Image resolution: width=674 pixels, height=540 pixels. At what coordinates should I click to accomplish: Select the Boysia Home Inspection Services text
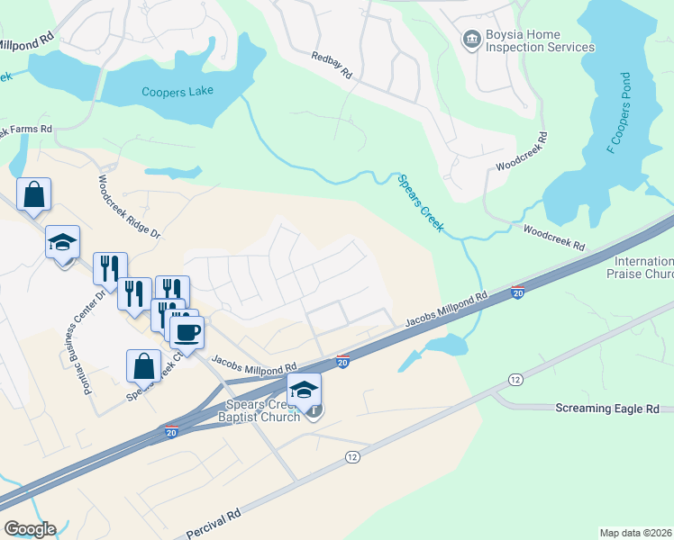point(540,40)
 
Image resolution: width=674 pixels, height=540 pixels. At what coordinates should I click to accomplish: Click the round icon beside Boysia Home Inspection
point(470,40)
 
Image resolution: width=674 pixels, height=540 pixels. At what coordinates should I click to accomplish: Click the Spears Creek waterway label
point(421,203)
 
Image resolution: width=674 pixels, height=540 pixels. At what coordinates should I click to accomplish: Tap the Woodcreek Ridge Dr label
point(128,206)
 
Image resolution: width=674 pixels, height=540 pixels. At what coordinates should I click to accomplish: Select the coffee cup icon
point(187,332)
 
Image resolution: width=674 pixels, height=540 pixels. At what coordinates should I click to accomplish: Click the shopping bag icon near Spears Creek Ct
point(143,365)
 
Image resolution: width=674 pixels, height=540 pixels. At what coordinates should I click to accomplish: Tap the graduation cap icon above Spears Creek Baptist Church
point(305,389)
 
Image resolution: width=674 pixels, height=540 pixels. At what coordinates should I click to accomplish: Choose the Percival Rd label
point(213,525)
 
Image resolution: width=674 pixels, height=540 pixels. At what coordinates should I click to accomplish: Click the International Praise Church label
point(639,266)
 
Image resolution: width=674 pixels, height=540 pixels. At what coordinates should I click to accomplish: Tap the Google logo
point(30,529)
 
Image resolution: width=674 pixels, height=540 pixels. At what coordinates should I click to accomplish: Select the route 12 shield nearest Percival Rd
point(351,458)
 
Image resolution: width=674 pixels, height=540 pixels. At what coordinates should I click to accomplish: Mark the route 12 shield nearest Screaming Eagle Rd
point(515,380)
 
